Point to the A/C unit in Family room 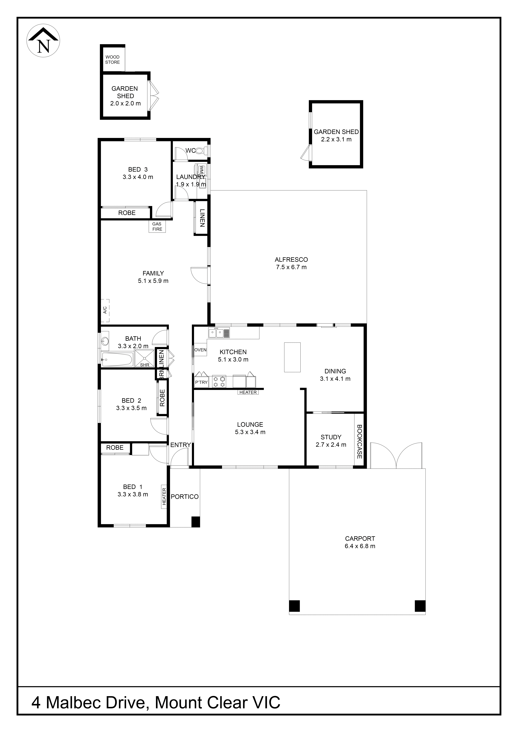(105, 310)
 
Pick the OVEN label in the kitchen (200, 350)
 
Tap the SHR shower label (145, 365)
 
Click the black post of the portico (195, 522)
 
